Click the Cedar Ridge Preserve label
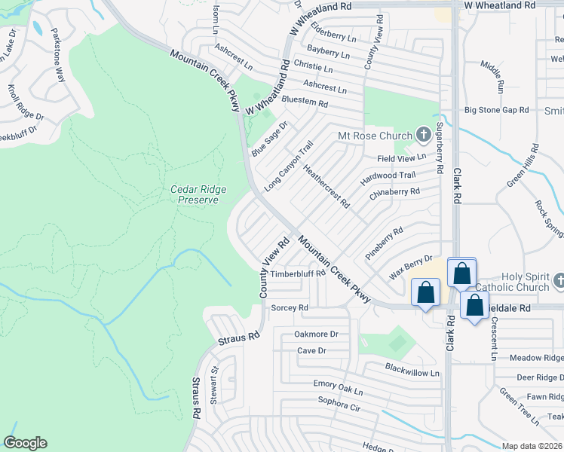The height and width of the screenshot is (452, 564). (x=199, y=194)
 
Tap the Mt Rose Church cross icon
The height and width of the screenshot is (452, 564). (x=423, y=136)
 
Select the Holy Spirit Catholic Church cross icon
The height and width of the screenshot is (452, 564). (x=558, y=280)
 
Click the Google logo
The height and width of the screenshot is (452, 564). (x=25, y=443)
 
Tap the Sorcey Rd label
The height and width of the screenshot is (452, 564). (x=290, y=308)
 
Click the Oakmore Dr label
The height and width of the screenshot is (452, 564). (x=317, y=334)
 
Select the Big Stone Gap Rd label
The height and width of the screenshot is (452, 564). (x=496, y=110)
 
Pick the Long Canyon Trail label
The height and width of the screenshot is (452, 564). (x=289, y=167)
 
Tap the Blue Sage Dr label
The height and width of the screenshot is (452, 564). (x=270, y=136)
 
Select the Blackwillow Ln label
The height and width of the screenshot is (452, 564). (x=412, y=373)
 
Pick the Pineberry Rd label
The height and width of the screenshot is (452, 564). (x=385, y=240)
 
